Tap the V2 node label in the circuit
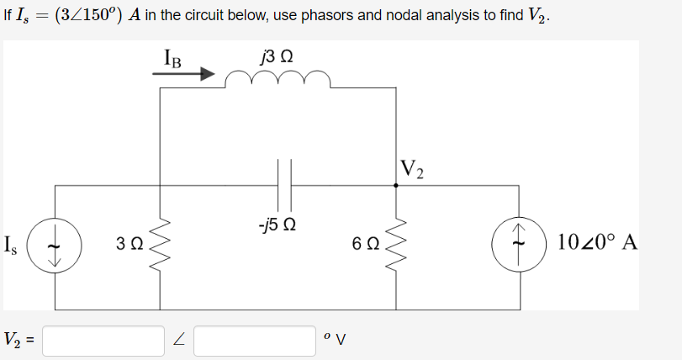click(413, 169)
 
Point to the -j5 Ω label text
click(277, 225)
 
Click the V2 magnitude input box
click(103, 341)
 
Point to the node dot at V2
click(396, 186)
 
